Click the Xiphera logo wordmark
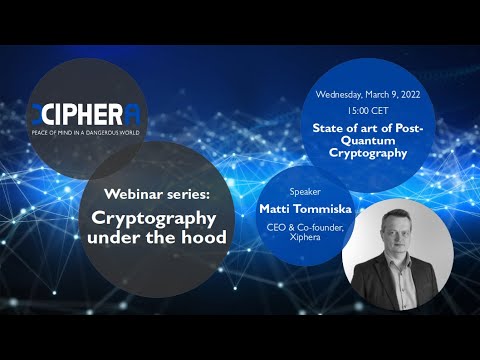coord(90,114)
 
